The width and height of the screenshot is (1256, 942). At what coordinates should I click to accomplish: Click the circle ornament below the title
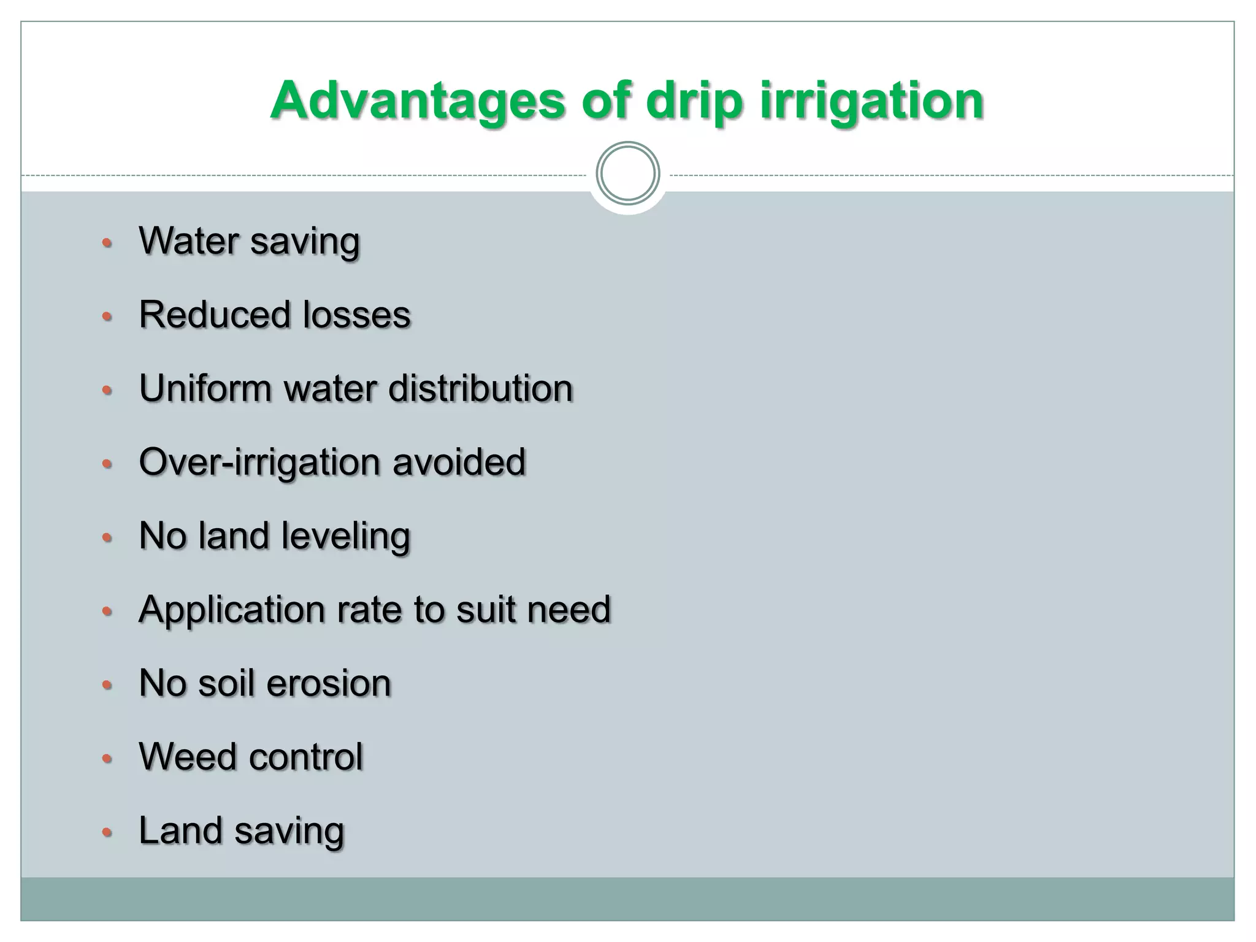point(627,174)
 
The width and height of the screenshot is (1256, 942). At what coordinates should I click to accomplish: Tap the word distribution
point(481,388)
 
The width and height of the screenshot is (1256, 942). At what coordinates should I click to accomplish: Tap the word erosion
point(329,683)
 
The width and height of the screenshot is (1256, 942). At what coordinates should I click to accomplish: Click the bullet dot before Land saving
point(107,832)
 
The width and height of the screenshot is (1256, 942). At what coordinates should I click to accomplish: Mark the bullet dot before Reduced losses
point(107,317)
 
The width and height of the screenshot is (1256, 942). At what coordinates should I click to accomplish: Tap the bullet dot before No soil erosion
point(107,685)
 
